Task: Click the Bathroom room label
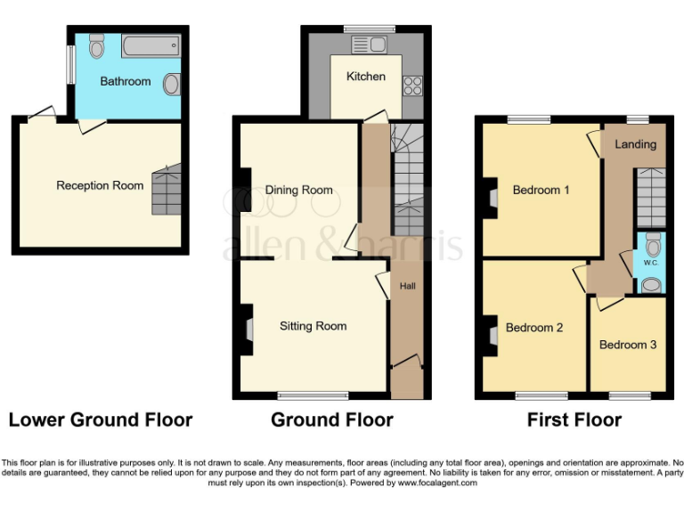(x=125, y=81)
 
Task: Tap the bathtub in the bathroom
(x=151, y=46)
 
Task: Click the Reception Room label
(x=100, y=185)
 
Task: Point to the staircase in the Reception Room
(x=166, y=190)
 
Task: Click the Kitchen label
(x=366, y=76)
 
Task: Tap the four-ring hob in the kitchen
(x=412, y=85)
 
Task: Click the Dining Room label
(x=298, y=190)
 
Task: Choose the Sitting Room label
(x=313, y=326)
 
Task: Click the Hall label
(x=407, y=286)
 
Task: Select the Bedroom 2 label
(x=534, y=327)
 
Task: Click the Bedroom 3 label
(x=628, y=344)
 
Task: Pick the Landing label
(x=636, y=143)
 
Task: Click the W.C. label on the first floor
(x=650, y=264)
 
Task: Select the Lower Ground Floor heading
(x=100, y=419)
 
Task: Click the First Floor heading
(x=574, y=419)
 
